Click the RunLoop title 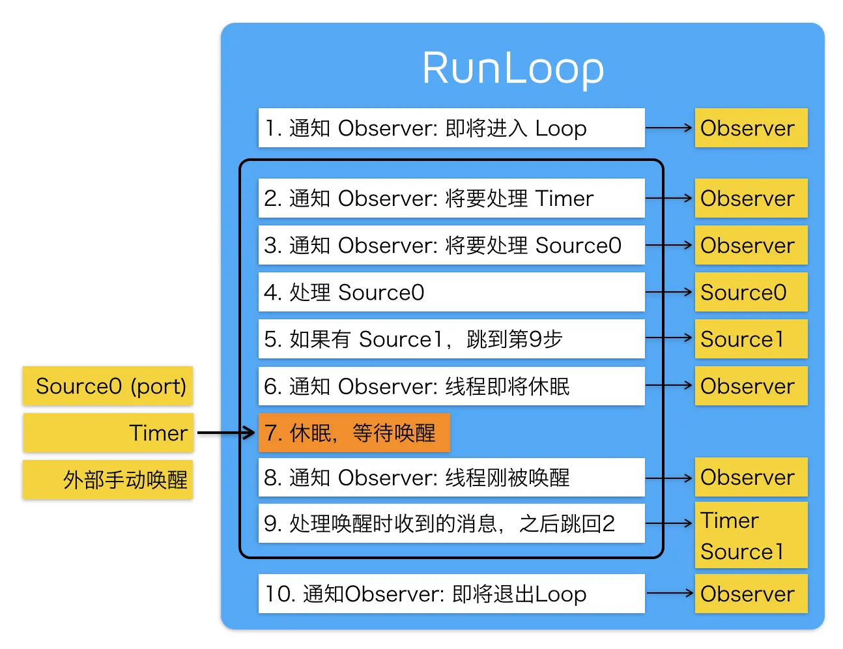[x=513, y=68]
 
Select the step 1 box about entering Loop [x=451, y=128]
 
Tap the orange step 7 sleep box [x=354, y=433]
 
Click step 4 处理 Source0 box [x=451, y=292]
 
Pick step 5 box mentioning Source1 [x=451, y=339]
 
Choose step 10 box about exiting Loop [x=451, y=594]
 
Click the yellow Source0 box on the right [x=750, y=292]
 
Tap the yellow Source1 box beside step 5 [x=750, y=339]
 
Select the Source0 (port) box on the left [x=108, y=386]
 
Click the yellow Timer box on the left [x=108, y=433]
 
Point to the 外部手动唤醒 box [x=108, y=480]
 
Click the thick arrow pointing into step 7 [x=225, y=433]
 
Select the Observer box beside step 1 [x=750, y=128]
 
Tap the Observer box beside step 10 [x=750, y=594]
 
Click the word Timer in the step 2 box [x=564, y=198]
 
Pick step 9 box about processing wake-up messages [x=451, y=523]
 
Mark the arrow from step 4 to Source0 [x=668, y=292]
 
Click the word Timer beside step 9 [x=730, y=521]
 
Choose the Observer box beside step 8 [x=750, y=477]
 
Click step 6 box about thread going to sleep [x=451, y=386]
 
